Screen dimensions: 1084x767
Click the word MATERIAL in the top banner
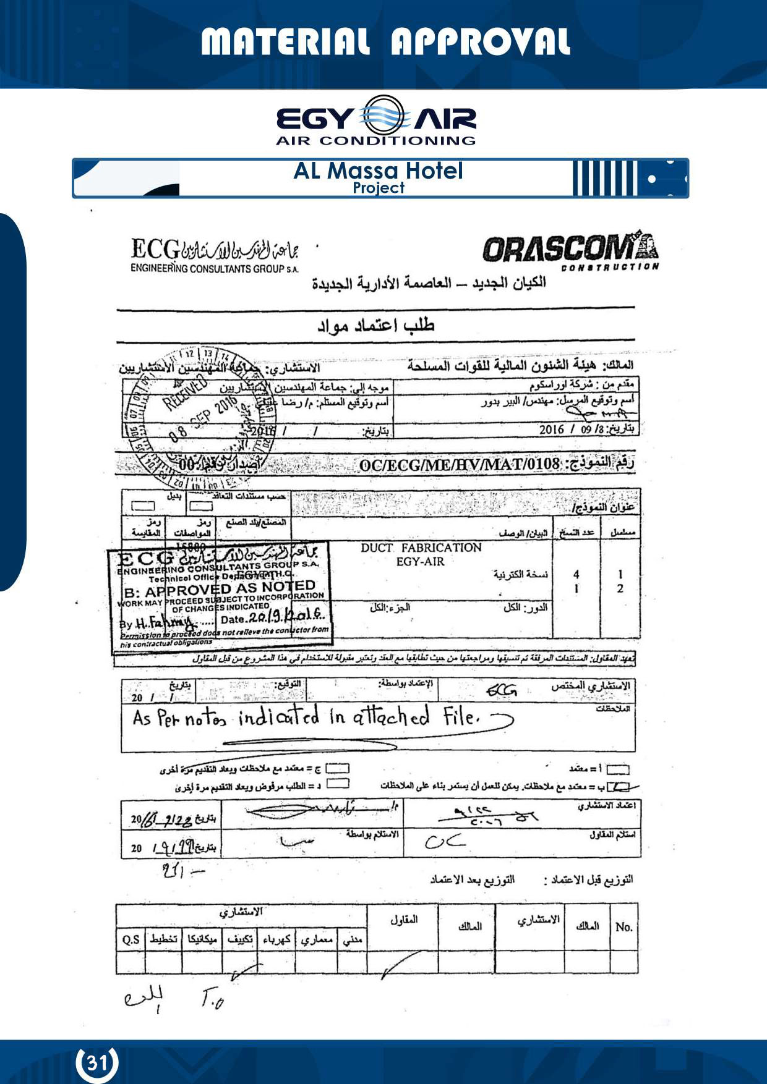285,42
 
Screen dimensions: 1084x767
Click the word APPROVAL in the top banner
480,42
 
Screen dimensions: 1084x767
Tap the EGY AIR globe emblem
383,115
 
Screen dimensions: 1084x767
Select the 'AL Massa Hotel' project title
378,171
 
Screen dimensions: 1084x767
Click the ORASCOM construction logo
570,251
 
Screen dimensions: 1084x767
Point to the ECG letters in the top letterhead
155,250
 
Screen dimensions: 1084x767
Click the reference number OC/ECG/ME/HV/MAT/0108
459,464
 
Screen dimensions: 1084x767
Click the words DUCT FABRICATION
421,548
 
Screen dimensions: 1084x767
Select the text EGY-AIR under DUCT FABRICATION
420,562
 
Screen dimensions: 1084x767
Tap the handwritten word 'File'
460,717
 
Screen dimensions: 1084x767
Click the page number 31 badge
96,1062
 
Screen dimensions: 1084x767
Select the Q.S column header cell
131,939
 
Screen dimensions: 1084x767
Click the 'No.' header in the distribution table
623,926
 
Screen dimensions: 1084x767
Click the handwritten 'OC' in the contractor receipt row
444,841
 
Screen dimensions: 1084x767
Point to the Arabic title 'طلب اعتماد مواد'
375,324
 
